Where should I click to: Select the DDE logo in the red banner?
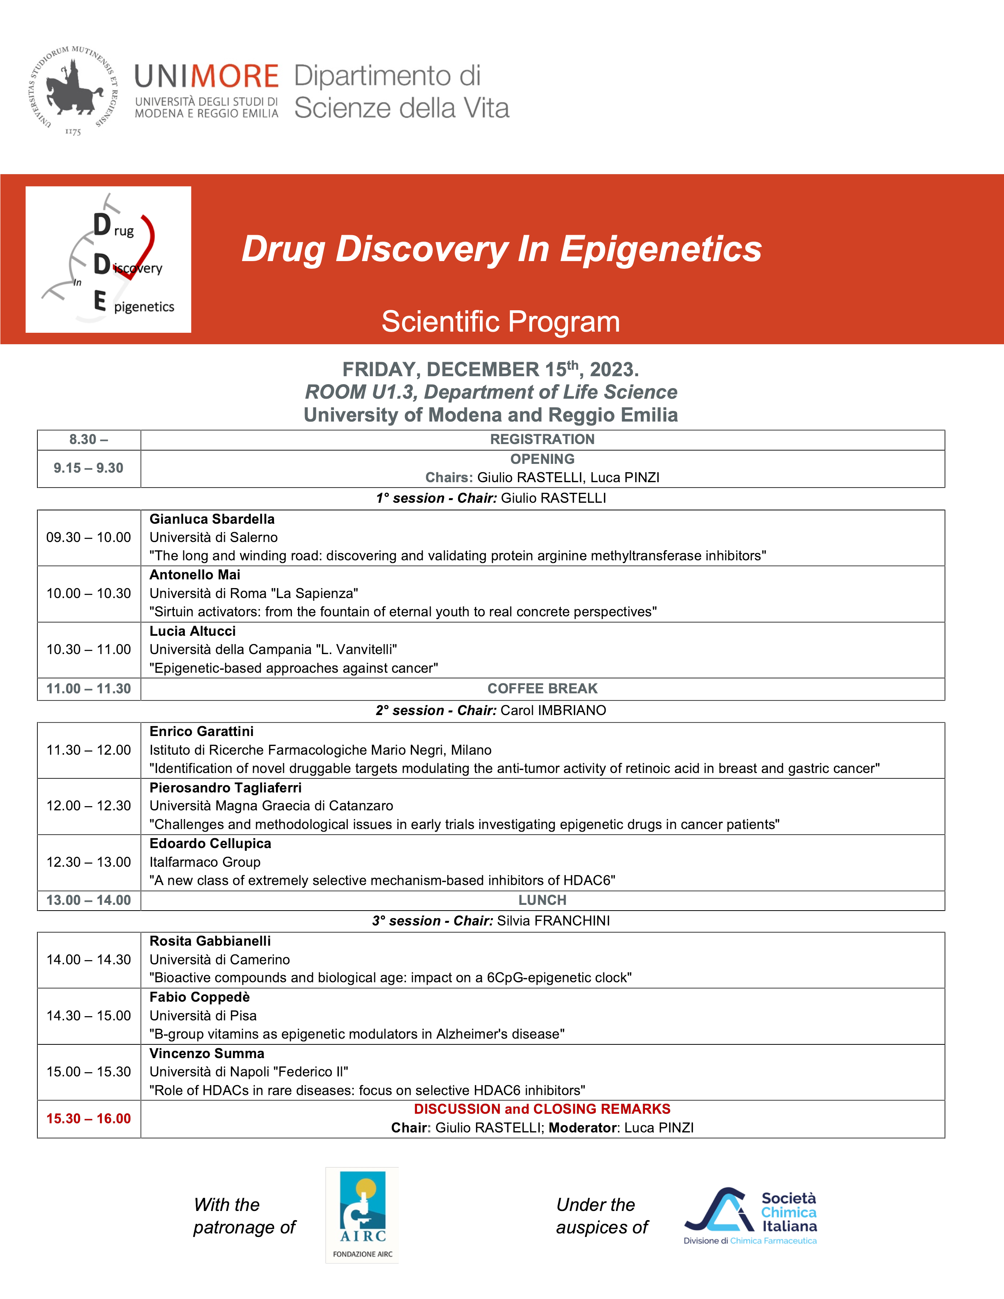108,259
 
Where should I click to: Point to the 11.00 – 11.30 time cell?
89,689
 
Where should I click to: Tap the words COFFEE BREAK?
542,689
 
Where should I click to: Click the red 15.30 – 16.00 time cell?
89,1119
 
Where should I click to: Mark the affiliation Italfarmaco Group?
205,862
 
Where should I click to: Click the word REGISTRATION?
542,439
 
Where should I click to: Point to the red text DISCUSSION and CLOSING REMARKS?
542,1109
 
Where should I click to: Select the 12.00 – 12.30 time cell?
89,806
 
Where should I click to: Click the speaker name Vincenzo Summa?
206,1054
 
